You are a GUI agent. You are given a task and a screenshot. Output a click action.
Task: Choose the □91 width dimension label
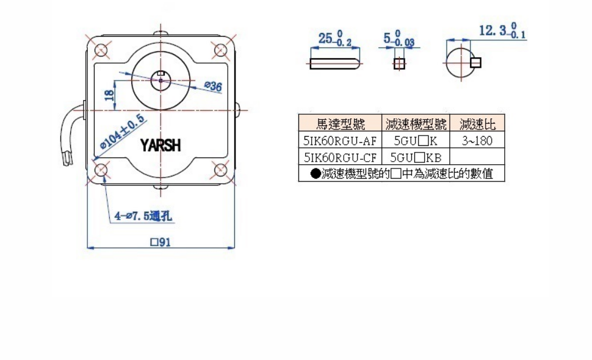[160, 242]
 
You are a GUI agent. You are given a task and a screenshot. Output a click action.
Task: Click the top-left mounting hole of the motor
[101, 49]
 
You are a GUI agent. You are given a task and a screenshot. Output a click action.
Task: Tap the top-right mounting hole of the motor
[219, 49]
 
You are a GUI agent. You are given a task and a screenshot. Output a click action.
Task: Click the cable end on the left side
[68, 162]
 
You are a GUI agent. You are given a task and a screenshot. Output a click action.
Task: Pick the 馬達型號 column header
[340, 125]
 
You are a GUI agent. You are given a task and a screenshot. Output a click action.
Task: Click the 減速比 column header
[478, 125]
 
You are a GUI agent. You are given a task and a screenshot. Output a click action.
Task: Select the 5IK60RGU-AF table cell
[340, 141]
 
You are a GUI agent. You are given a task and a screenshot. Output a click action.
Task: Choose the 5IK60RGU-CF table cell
[340, 157]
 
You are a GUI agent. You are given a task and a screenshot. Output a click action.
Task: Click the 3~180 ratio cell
[478, 141]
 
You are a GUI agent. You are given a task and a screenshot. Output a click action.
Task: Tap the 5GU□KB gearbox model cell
[415, 157]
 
